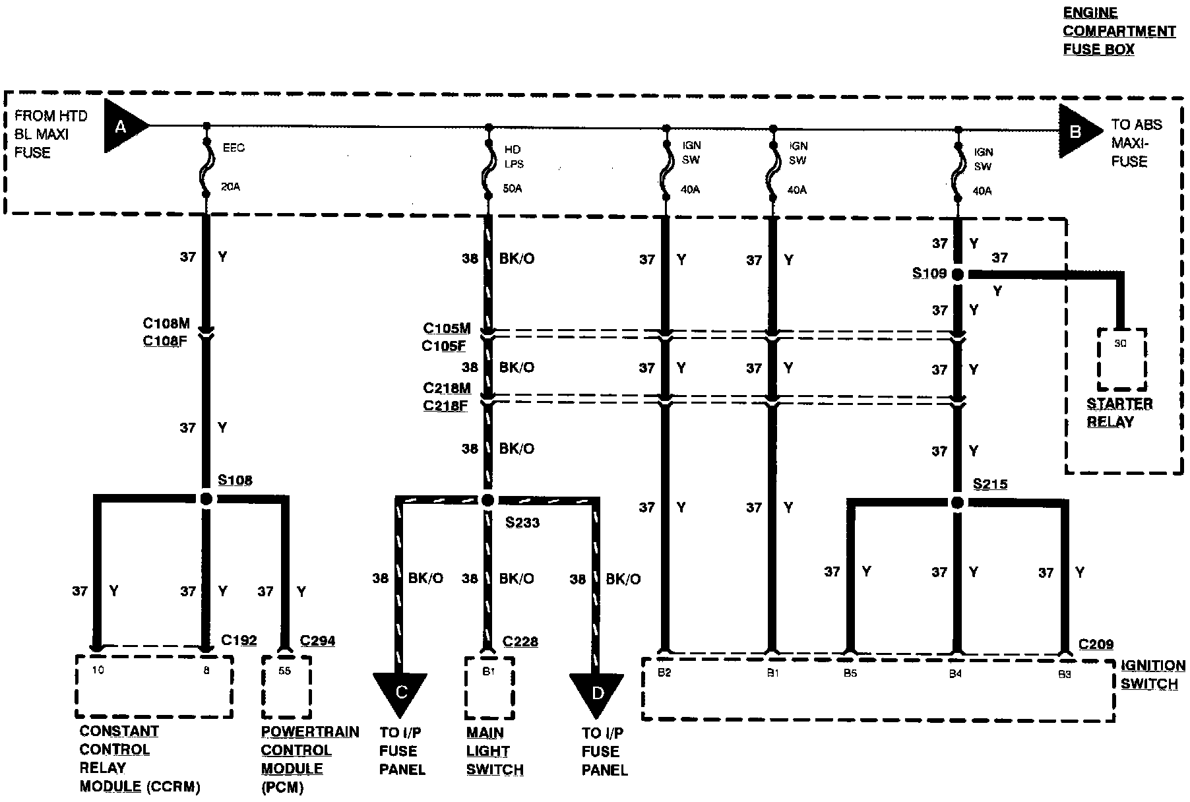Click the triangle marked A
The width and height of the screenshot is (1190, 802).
pos(123,126)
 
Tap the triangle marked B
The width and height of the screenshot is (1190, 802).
pos(1077,131)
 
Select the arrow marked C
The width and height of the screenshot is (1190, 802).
pos(400,693)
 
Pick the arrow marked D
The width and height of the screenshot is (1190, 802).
pos(597,693)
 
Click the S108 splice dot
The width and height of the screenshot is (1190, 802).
pos(206,499)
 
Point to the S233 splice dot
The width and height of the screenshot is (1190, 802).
pos(487,501)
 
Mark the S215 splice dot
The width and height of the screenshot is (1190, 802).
pos(957,503)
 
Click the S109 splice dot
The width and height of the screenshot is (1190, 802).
pos(958,274)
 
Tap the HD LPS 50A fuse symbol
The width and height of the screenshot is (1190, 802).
pos(488,170)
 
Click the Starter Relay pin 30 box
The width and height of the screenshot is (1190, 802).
pos(1121,359)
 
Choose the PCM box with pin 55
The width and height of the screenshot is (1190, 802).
pos(286,687)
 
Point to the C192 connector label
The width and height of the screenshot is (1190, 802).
pos(239,640)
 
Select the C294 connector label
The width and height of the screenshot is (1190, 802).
pos(317,640)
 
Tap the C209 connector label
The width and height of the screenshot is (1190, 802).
pos(1096,644)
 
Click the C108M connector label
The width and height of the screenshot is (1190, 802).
pos(166,323)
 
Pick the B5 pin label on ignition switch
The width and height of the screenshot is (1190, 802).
pos(850,674)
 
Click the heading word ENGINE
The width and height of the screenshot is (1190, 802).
pos(1090,13)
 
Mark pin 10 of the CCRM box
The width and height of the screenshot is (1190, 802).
pos(98,670)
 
